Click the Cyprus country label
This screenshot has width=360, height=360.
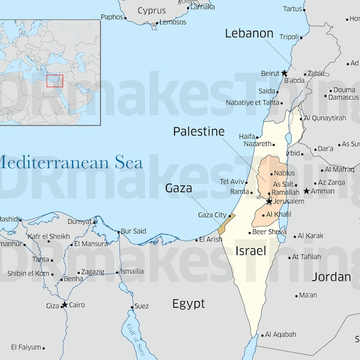coord(152,10)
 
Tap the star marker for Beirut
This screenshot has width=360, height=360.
coord(284,73)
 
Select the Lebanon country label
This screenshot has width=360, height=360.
coord(249,34)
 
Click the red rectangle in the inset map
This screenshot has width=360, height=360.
coord(55,80)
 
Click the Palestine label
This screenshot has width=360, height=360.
coord(199,131)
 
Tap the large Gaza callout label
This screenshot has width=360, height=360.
coord(179,188)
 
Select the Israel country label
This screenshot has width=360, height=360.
coord(250,251)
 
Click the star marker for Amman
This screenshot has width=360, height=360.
coord(306,191)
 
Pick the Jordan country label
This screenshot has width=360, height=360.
coord(331,277)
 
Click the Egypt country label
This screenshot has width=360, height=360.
coord(188,304)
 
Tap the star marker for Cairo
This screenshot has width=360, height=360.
coord(64,305)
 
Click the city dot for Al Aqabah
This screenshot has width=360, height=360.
coord(262,335)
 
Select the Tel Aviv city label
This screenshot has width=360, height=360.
coord(232,181)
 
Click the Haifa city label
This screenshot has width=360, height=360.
coord(247,136)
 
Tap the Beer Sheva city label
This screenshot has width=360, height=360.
coord(269,232)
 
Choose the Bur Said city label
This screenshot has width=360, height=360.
coord(133,231)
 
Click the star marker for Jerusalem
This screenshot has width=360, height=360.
coord(269,201)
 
